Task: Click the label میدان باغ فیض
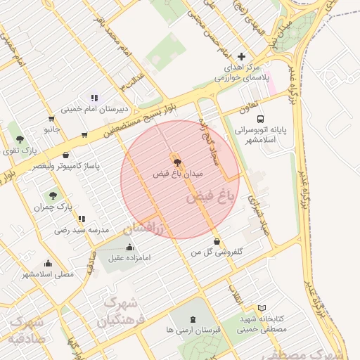pyautogui.click(x=178, y=172)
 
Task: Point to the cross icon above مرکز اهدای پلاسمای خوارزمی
pyautogui.click(x=242, y=56)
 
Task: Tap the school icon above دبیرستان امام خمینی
pyautogui.click(x=93, y=98)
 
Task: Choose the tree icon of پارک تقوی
pyautogui.click(x=20, y=139)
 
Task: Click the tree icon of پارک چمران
pyautogui.click(x=53, y=195)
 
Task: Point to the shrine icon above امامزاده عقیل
pyautogui.click(x=129, y=247)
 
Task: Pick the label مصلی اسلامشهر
pyautogui.click(x=47, y=274)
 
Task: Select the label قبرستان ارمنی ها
pyautogui.click(x=193, y=328)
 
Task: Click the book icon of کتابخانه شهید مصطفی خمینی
pyautogui.click(x=262, y=308)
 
